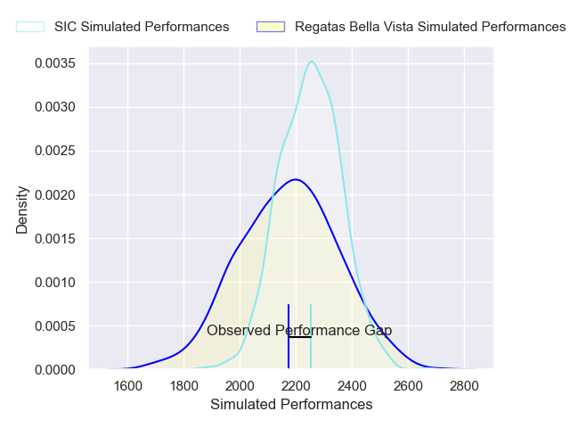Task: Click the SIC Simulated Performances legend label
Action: click(142, 27)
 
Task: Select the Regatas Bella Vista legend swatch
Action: click(270, 27)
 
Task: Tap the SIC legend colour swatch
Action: click(29, 27)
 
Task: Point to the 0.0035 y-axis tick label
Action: click(55, 63)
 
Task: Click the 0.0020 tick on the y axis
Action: click(55, 194)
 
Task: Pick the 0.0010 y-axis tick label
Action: click(55, 282)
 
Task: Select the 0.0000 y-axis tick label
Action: click(55, 369)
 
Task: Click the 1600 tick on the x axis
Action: click(128, 386)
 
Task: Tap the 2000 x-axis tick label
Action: click(240, 386)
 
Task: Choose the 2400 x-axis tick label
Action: click(352, 386)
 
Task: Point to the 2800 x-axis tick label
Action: click(464, 386)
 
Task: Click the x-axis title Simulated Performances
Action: click(291, 405)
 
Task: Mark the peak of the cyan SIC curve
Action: click(311, 62)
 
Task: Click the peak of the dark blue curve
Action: click(295, 179)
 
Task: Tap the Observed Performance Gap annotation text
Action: click(299, 331)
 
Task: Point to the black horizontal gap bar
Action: click(300, 337)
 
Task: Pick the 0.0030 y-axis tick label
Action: click(55, 107)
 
